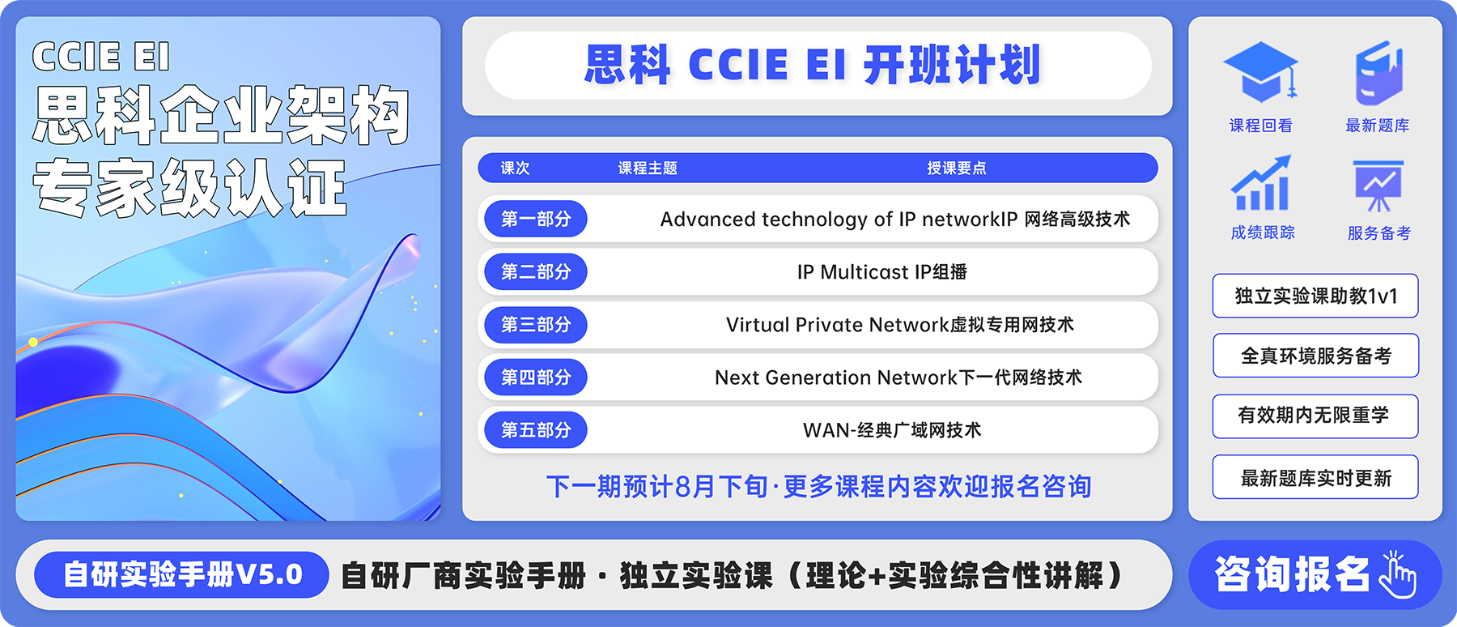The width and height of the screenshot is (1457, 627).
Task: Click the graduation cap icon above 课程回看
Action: (x=1260, y=71)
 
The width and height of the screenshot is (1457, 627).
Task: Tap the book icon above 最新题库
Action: (x=1378, y=73)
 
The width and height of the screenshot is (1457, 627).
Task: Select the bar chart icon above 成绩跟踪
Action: (x=1261, y=183)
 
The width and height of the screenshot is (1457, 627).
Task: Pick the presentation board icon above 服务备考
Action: (x=1378, y=186)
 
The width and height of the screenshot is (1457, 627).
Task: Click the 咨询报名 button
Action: (x=1315, y=575)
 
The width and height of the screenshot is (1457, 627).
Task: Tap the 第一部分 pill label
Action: (x=536, y=219)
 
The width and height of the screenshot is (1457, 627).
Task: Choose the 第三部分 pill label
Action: (x=536, y=325)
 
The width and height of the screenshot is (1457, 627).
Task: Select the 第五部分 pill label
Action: (x=536, y=430)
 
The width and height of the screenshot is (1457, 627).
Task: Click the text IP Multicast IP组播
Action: (x=882, y=272)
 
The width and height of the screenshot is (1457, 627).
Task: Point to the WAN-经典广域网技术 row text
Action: (x=892, y=430)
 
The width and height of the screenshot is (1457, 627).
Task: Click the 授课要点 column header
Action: (x=957, y=168)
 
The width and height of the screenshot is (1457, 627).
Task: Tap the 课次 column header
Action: (x=515, y=168)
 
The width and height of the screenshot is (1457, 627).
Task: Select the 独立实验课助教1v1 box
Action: (x=1315, y=296)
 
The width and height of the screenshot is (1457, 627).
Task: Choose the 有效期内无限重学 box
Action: (x=1315, y=416)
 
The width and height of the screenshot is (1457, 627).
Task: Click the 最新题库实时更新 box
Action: (x=1315, y=477)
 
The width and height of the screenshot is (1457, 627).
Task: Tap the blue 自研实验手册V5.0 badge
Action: (x=182, y=575)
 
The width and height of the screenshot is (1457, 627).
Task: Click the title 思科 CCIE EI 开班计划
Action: (x=813, y=65)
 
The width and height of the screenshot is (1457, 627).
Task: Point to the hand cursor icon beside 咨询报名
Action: (x=1398, y=574)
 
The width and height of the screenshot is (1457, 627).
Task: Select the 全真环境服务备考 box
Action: (x=1315, y=356)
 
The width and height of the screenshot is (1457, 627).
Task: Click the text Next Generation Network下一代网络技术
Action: (x=898, y=377)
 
